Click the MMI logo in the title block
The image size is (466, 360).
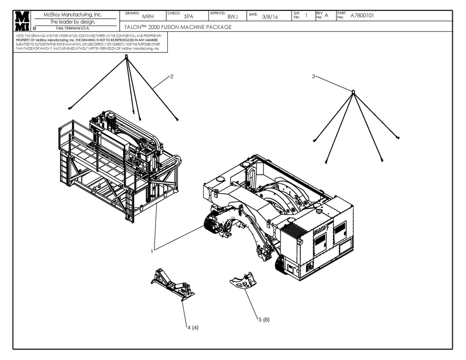pos(22,21)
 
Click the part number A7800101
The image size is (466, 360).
pos(362,16)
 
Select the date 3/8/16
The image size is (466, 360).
pos(270,17)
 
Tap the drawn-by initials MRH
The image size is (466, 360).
pos(148,17)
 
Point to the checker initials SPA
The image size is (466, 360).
pos(188,17)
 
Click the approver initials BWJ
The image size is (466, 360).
pos(233,17)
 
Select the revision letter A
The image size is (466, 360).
pos(326,16)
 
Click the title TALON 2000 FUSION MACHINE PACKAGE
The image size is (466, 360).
pos(175,27)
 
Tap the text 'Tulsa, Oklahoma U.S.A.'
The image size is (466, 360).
pos(73,28)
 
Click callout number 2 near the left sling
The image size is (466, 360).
pos(172,76)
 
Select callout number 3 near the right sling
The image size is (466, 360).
pos(313,77)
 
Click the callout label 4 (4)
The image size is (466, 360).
pos(192,327)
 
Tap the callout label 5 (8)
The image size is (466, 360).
pos(263,320)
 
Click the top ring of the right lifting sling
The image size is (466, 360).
pos(353,91)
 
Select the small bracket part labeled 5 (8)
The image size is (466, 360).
pos(243,283)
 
